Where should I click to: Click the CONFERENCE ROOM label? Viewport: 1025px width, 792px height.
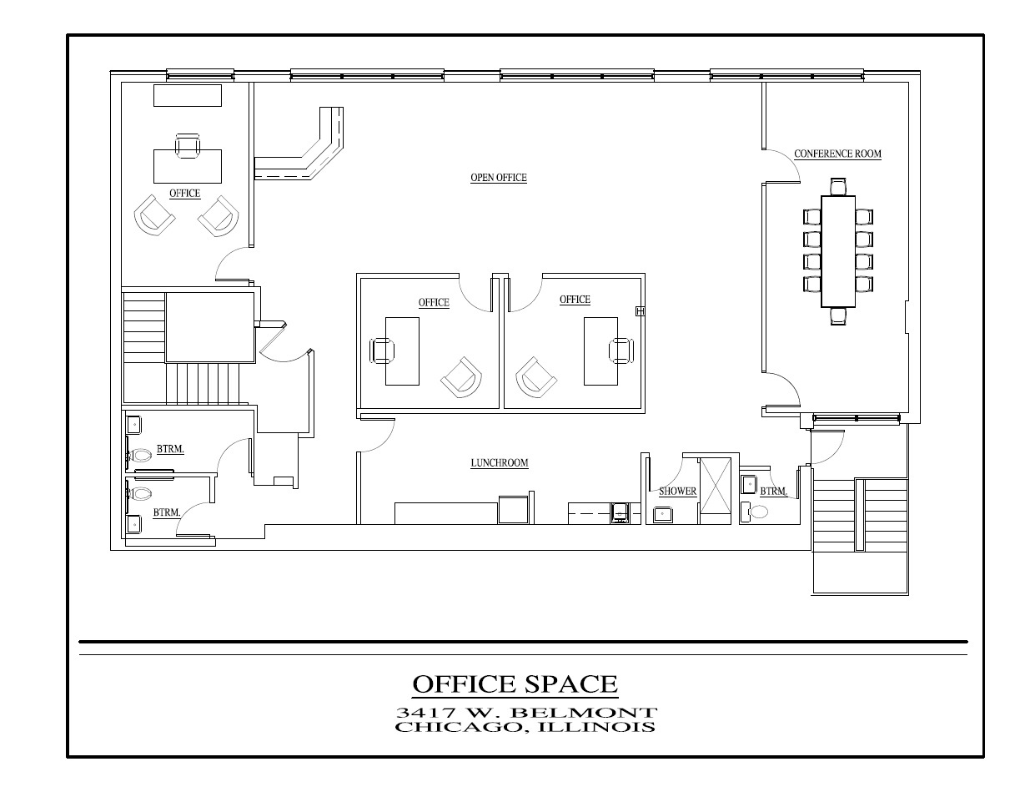(x=837, y=154)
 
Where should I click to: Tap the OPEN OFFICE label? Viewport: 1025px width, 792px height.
(x=499, y=178)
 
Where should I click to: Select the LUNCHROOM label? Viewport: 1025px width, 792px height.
(x=499, y=462)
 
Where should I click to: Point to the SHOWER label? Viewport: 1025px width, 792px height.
(x=677, y=491)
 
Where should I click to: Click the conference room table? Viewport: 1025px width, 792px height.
(x=837, y=251)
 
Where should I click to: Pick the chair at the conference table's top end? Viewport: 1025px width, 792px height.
(x=837, y=187)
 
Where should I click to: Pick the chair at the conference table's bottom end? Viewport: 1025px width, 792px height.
(x=837, y=315)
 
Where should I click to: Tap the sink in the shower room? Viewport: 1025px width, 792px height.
(x=663, y=514)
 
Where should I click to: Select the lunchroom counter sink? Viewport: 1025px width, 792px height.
(x=620, y=512)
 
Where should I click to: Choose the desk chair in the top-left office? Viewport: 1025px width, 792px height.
(x=188, y=146)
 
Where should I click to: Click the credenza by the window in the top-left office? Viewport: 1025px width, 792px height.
(x=188, y=95)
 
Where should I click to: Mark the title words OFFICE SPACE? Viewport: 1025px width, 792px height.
(x=515, y=684)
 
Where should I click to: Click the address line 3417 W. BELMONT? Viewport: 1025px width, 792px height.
(x=526, y=713)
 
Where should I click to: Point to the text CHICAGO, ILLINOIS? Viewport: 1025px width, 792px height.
(x=525, y=727)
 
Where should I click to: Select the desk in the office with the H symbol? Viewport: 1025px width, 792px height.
(x=600, y=351)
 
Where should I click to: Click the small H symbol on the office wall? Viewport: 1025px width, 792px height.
(x=640, y=311)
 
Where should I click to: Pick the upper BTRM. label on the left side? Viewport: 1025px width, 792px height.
(x=170, y=449)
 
